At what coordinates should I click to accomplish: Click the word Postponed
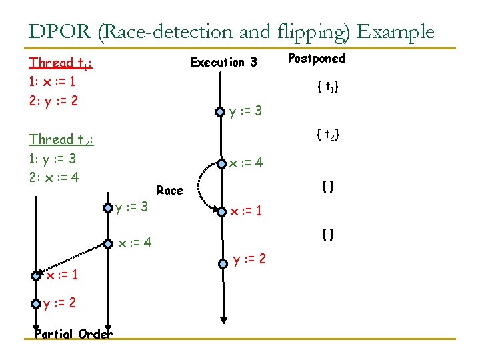(316, 59)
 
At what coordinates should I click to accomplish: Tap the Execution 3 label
(223, 63)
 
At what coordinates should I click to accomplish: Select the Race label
(169, 191)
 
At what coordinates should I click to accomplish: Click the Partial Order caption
(73, 334)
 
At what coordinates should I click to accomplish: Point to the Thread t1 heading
(61, 63)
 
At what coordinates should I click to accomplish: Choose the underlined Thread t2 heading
(61, 140)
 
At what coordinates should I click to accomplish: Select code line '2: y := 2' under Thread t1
(53, 101)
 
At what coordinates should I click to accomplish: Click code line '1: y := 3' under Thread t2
(53, 159)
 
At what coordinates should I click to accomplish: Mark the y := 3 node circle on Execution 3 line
(220, 112)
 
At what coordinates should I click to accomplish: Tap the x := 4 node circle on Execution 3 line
(220, 162)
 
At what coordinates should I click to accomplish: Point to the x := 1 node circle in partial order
(36, 276)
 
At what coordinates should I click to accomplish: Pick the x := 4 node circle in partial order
(108, 244)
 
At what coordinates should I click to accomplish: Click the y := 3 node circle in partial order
(108, 208)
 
